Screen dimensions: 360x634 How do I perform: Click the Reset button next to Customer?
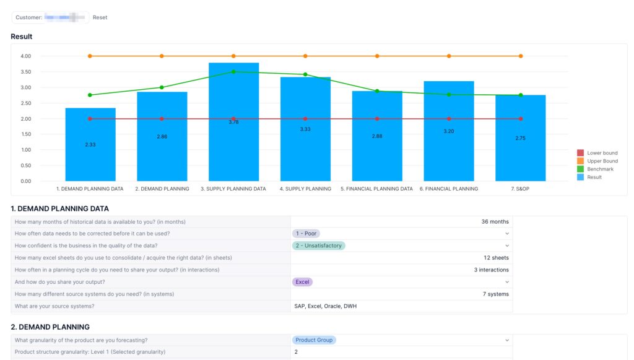tap(100, 17)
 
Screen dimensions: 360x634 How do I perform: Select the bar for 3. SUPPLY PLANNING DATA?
tap(233, 149)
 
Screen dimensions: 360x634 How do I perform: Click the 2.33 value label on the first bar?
tap(90, 144)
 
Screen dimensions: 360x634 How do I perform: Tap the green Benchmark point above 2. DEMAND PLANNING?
tap(162, 87)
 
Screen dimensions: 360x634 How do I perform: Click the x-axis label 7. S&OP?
tap(521, 189)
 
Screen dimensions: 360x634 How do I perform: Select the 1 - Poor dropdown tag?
tap(306, 234)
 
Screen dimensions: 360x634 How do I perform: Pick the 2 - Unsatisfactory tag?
tap(318, 245)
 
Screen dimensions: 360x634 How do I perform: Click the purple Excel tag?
tap(303, 281)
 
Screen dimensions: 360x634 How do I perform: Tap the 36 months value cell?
tap(495, 222)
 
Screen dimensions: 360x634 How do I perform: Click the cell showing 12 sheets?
tap(496, 258)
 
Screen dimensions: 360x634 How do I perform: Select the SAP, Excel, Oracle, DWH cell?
tap(325, 306)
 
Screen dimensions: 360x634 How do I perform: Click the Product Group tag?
tap(314, 340)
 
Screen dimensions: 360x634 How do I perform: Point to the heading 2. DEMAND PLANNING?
tap(50, 327)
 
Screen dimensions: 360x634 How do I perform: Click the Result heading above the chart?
tap(22, 37)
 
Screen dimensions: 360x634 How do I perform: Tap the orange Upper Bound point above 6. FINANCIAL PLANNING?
tap(449, 56)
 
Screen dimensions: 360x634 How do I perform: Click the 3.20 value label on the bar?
tap(449, 131)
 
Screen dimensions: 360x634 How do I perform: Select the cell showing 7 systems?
tap(495, 294)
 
